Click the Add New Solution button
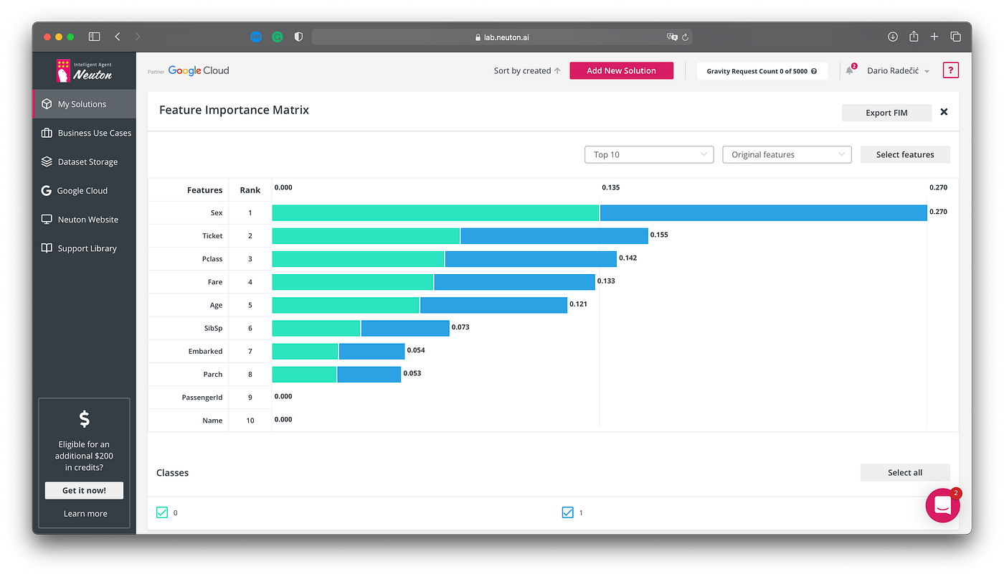621,70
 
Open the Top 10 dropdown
649,154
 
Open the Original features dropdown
787,154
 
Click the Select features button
905,154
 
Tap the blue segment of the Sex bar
763,212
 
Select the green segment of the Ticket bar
366,235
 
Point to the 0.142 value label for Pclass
628,258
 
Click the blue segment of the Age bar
493,305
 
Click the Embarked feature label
205,351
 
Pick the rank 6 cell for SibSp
250,328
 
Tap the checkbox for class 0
162,512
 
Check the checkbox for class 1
568,512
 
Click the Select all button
905,472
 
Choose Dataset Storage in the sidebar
87,161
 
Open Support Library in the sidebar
87,248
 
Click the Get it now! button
84,490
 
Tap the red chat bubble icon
942,505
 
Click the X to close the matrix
944,112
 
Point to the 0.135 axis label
611,187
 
